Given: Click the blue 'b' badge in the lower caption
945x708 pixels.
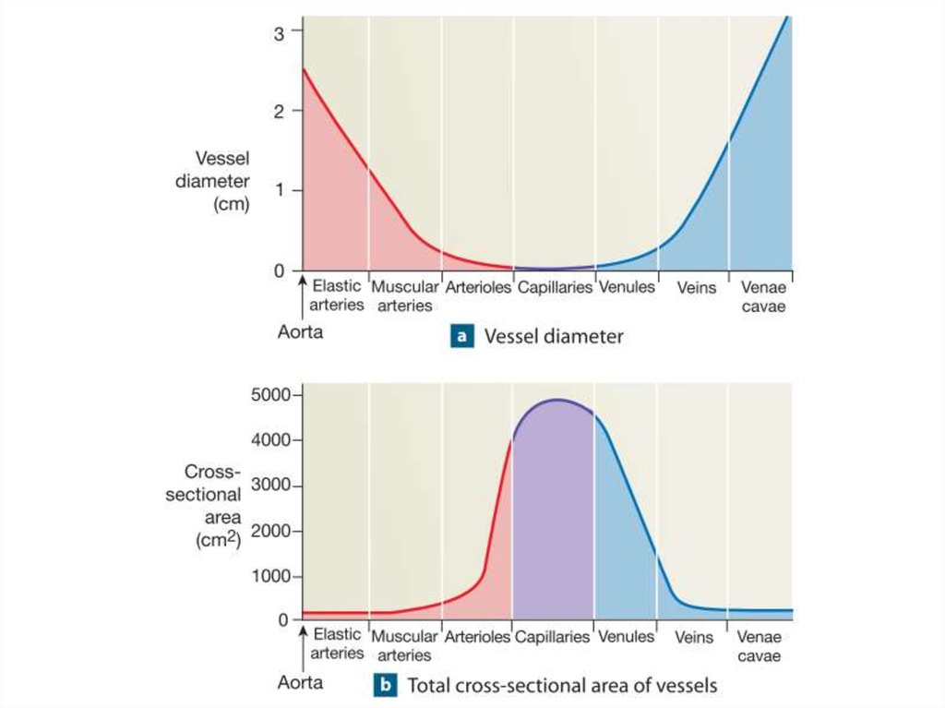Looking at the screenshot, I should (385, 686).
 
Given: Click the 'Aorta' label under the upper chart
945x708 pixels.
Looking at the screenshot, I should (301, 331).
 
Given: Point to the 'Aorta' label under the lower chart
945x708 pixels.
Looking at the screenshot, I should (301, 683).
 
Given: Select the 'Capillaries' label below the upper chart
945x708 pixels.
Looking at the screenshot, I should (555, 288).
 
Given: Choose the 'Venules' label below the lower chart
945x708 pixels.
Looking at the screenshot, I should (626, 637).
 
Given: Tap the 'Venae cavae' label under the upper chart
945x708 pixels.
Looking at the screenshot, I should (762, 296).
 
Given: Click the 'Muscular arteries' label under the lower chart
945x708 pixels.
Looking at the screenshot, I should (404, 645).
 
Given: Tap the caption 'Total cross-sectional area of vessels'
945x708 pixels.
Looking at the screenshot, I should (562, 686).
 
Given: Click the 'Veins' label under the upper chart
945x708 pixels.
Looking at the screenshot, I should (696, 288).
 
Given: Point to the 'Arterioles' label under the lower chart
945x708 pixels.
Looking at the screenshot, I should (477, 637).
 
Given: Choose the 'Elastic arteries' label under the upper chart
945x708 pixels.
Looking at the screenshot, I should (336, 295).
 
